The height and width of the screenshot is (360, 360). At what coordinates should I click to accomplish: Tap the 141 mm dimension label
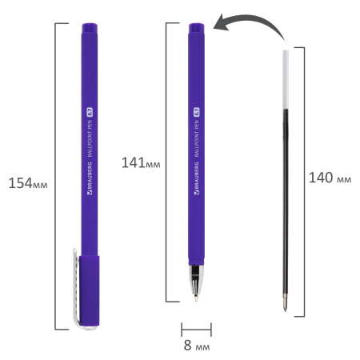pyautogui.click(x=141, y=162)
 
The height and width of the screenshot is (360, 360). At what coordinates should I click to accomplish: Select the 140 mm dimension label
pyautogui.click(x=330, y=178)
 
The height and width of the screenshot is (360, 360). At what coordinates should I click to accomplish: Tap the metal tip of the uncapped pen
pyautogui.click(x=197, y=284)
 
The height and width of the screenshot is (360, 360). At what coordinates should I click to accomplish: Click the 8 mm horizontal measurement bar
pyautogui.click(x=196, y=327)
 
